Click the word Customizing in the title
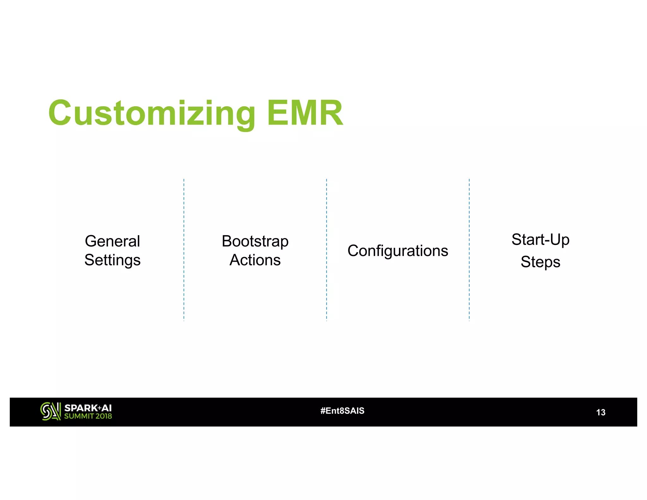[152, 113]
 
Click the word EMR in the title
[305, 113]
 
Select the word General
[112, 241]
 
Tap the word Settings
[112, 260]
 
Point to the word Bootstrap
[255, 241]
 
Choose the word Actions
[255, 260]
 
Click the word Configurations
[398, 251]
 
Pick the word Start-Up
[540, 240]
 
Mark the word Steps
[540, 262]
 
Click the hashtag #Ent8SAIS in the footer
[342, 411]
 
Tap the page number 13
[601, 412]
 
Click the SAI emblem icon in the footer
[50, 411]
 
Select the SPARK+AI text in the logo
[88, 408]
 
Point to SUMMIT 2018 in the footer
[88, 416]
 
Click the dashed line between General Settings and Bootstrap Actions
[184, 250]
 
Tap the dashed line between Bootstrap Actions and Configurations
[326, 250]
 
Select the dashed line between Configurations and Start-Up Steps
[469, 250]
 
